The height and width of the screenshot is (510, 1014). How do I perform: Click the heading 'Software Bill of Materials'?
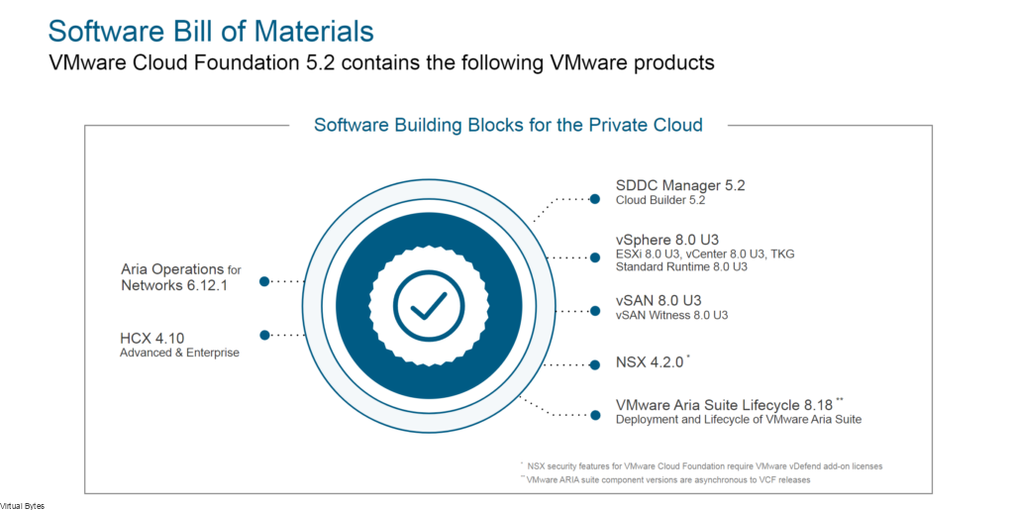click(x=211, y=30)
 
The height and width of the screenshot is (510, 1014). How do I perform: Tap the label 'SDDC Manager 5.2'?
click(x=679, y=184)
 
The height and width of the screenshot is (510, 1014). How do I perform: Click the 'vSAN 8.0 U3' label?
click(x=659, y=300)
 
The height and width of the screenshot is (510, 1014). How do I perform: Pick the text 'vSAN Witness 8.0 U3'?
click(x=671, y=315)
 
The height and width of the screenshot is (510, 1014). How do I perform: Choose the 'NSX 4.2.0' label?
click(x=650, y=362)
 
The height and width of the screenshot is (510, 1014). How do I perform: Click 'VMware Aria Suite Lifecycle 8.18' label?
click(x=725, y=404)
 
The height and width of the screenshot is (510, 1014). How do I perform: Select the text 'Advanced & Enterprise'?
click(x=179, y=353)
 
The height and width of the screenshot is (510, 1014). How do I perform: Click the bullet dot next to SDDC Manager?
click(x=595, y=198)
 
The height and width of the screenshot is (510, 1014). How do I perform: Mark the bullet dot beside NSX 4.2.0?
click(x=595, y=363)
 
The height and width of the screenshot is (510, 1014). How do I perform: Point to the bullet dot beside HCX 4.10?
click(x=264, y=335)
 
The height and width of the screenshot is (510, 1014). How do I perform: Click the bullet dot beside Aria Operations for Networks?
click(x=264, y=281)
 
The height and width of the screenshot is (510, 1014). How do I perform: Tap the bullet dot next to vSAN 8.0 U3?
click(x=595, y=309)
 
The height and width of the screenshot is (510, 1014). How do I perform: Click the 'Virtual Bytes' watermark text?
click(x=22, y=505)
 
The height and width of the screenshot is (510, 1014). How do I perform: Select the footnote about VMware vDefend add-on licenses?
click(x=703, y=464)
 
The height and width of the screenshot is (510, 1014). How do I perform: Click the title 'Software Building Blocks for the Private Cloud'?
click(x=508, y=125)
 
